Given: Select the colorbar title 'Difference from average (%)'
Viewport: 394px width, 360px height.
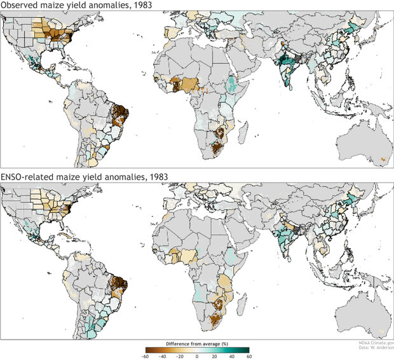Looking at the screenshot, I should point(197,343).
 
